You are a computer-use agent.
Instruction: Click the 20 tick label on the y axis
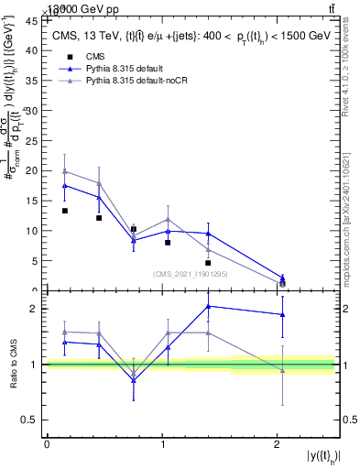click(x=34, y=170)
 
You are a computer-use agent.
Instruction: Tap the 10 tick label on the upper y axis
click(x=34, y=231)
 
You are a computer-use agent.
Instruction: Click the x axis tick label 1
click(x=162, y=444)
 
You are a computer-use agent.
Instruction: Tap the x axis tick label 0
click(x=47, y=444)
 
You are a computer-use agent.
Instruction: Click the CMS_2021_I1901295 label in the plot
click(x=190, y=274)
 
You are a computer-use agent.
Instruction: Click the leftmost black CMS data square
click(x=65, y=211)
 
